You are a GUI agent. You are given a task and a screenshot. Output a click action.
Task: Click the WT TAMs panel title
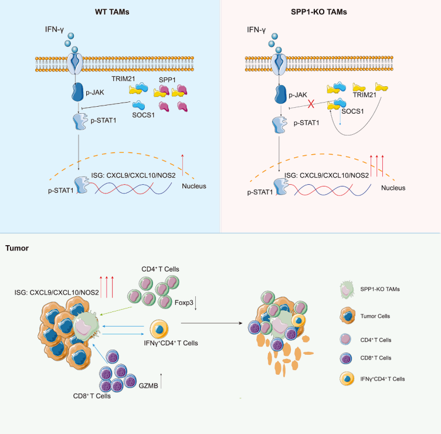coord(112,12)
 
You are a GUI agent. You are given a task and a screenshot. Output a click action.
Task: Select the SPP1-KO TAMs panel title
coord(318,12)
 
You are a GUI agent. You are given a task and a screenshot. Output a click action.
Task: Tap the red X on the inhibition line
coord(311,104)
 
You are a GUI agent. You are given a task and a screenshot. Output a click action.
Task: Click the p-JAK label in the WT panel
coord(95,92)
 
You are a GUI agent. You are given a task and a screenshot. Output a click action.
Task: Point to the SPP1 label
coord(167,80)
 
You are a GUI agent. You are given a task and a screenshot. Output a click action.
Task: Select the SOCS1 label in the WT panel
coord(144,115)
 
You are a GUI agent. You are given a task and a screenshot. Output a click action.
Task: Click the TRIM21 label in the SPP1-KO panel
coord(365,95)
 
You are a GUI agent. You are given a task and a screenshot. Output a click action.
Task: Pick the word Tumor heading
coord(17,248)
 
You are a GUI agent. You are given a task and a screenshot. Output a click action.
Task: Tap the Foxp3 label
coord(184,303)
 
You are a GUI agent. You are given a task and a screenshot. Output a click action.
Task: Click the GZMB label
coord(148,386)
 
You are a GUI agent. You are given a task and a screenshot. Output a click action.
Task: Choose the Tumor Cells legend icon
coord(347,316)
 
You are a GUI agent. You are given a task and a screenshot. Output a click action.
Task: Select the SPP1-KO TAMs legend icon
coord(347,289)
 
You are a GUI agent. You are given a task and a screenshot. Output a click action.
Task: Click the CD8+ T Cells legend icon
coord(345,358)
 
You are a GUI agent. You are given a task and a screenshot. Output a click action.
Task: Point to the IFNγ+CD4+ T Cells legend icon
coord(347,379)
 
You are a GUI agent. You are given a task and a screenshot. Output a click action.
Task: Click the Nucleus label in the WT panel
coord(194,186)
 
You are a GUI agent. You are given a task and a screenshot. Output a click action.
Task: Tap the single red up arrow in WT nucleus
coord(182,165)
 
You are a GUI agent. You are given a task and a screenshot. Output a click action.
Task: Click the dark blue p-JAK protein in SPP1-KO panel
coord(280,94)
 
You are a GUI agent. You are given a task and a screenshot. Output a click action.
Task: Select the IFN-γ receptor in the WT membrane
coord(74,63)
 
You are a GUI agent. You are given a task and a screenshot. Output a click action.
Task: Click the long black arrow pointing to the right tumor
coord(212,323)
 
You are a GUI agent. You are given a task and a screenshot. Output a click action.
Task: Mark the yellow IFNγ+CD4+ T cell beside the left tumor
coord(159,330)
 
